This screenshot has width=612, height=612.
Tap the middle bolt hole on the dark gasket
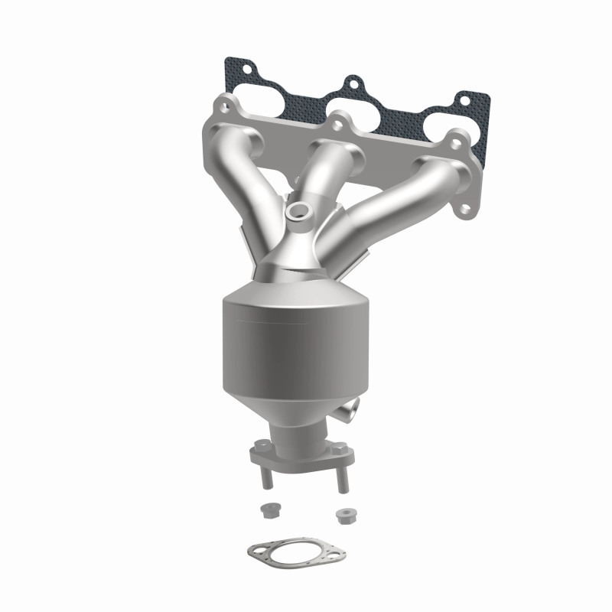pyautogui.click(x=353, y=82)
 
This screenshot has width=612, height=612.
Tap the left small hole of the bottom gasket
pyautogui.click(x=259, y=547)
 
